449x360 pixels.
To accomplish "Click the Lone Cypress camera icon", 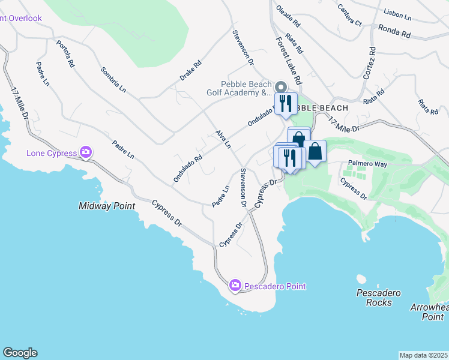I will pos(86,152).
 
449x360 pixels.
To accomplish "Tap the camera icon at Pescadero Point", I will pos(236,286).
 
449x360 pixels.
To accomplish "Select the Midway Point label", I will pos(107,206).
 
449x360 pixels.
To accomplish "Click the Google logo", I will pos(20,353).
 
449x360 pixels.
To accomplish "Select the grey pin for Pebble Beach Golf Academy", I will pos(279,88).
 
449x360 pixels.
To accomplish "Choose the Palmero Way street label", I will pos(367,163).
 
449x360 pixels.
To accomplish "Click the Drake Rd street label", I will pos(190,71).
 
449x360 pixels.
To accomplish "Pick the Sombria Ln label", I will pos(113,79).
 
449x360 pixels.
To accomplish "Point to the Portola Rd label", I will pos(65,53).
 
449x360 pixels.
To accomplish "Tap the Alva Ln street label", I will pos(223,139).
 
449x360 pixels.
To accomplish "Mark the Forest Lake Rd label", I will pos(289,59).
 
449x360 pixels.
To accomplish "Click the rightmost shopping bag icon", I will pos(315,152).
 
